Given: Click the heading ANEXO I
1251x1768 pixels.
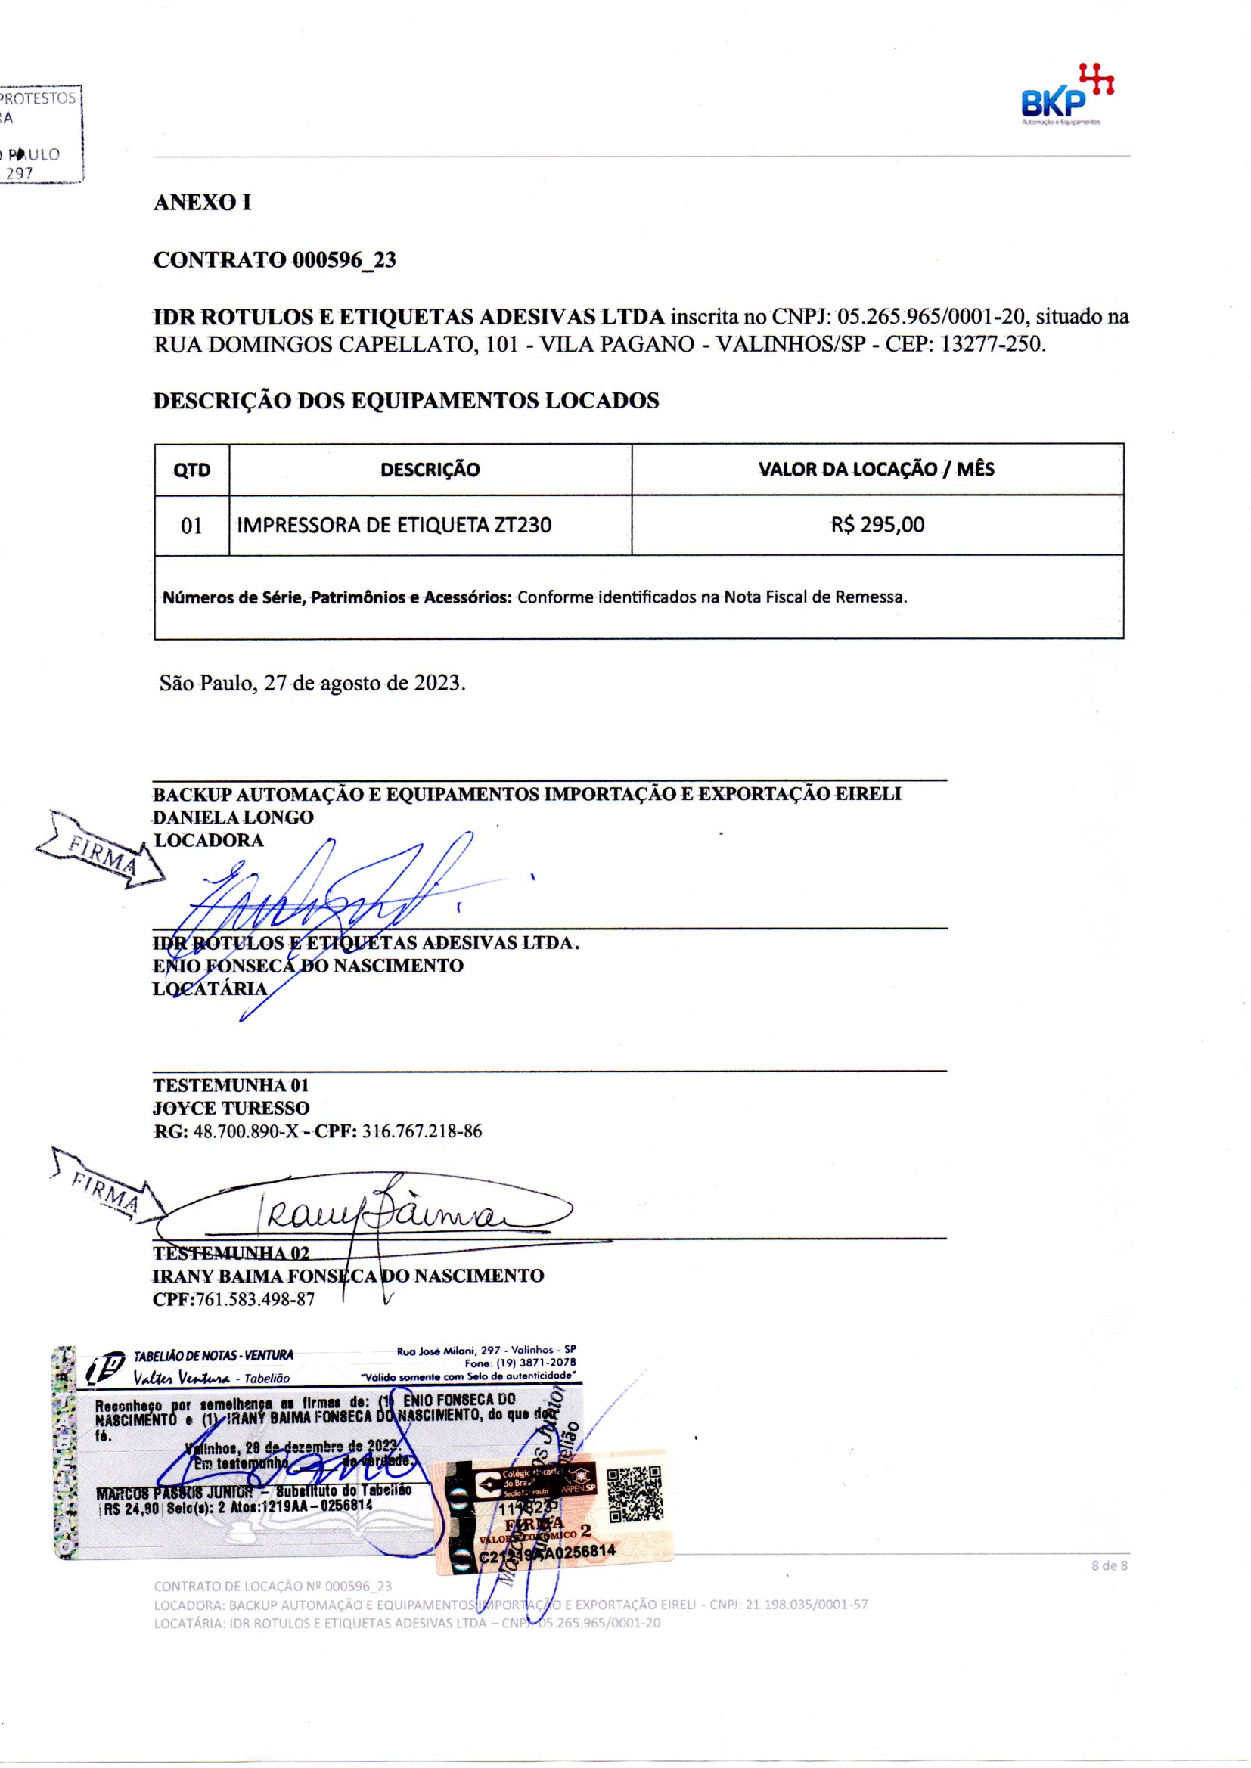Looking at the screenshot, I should coord(202,203).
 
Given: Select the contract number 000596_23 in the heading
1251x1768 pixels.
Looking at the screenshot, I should coord(344,260).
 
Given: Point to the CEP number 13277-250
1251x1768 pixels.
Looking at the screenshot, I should coord(993,343).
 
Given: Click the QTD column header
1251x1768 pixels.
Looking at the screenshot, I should coord(192,470).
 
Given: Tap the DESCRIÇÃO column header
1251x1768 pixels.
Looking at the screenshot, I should coord(430,470).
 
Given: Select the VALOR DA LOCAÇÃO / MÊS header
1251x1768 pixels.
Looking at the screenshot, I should coord(876,469).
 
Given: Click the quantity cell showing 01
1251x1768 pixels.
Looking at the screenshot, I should coord(191,526).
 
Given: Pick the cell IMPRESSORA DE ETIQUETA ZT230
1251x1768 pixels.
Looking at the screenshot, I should coord(393,525).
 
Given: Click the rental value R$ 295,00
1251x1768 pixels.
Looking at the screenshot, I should coord(877,525).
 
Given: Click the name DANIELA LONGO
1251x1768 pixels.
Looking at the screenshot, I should coord(233,817).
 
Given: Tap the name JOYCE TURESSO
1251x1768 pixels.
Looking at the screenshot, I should coord(231,1108).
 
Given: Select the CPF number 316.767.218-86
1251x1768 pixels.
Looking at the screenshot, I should coord(422,1131).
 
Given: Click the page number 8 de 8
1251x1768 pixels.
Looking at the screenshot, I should coord(1110,1565).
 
